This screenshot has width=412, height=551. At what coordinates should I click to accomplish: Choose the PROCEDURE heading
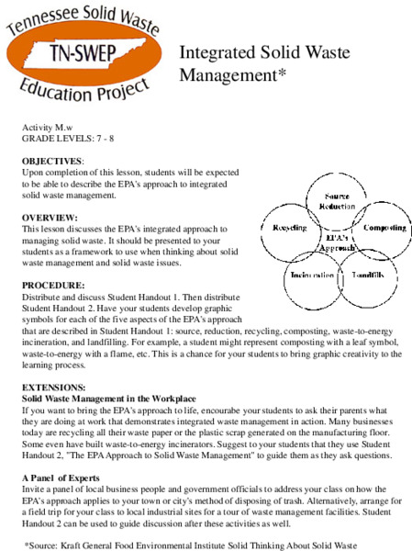52,286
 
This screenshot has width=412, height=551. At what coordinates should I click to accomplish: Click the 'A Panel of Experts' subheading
61,479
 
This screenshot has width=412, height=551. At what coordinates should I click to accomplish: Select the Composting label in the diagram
384,228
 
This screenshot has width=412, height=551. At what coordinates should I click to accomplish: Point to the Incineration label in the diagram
312,275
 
